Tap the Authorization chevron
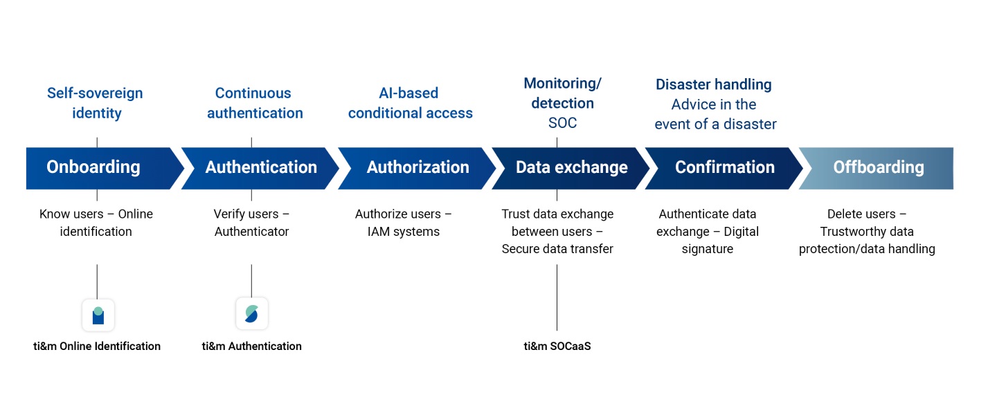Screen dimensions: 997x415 point(417,168)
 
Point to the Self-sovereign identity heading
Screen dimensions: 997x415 point(96,103)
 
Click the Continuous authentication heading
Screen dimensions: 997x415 point(255,103)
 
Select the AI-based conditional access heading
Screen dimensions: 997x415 point(410,103)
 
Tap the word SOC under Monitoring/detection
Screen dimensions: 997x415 point(562,122)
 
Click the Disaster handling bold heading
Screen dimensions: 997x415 point(713,84)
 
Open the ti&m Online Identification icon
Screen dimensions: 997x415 point(98,315)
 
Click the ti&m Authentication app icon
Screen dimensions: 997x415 point(252,313)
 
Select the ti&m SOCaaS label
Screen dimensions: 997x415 point(557,346)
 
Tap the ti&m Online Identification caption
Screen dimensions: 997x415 point(97,346)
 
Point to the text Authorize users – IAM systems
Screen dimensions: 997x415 point(403,223)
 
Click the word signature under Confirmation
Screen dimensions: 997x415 point(708,249)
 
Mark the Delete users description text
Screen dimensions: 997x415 point(867,231)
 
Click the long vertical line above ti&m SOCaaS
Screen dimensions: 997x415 point(557,297)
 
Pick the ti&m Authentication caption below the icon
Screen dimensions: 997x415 point(251,346)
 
